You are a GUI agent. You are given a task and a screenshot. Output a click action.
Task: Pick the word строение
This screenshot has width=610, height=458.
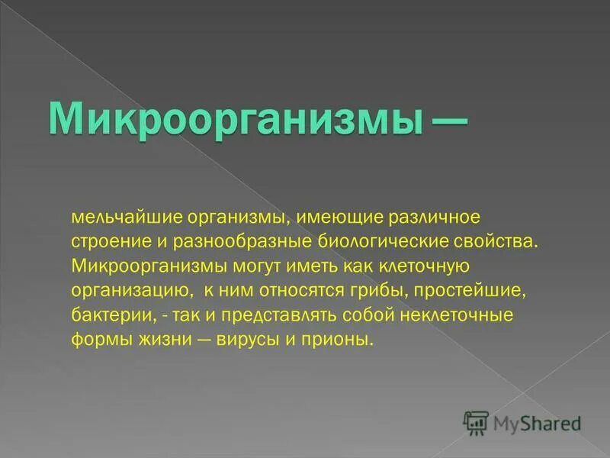tap(107, 243)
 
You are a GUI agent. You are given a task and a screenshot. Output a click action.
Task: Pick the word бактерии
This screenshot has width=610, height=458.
tap(106, 315)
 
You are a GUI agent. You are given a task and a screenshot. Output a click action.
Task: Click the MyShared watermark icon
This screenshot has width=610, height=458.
tap(476, 423)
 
